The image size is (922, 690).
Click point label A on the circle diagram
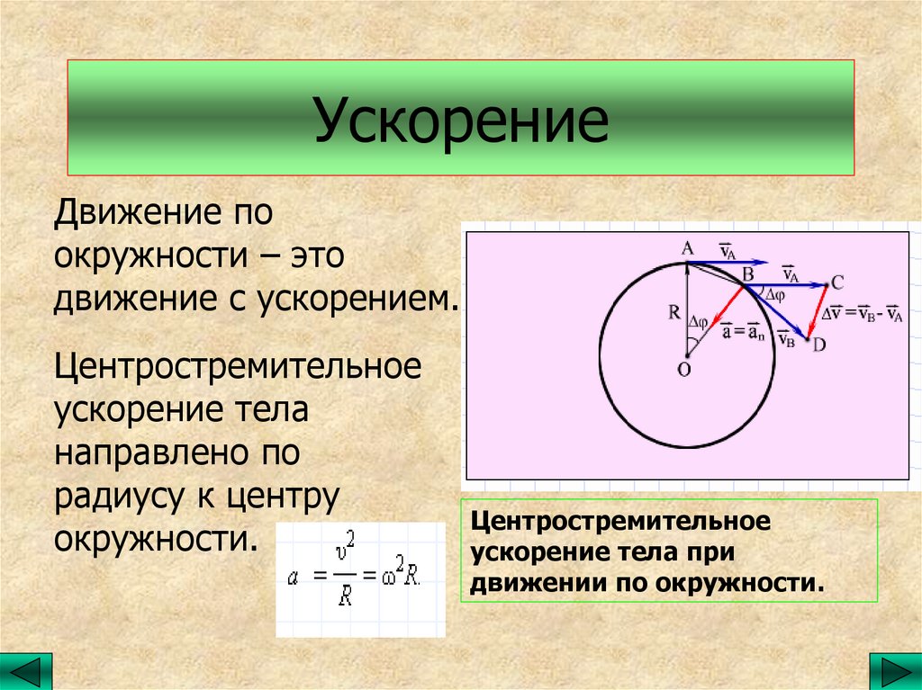click(x=687, y=249)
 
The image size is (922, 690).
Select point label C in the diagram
click(x=836, y=283)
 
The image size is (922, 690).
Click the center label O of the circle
click(x=684, y=369)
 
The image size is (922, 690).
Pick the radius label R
click(x=674, y=313)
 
